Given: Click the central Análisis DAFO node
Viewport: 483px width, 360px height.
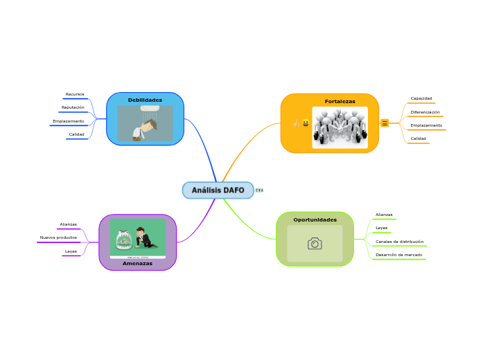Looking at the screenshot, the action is pos(218,190).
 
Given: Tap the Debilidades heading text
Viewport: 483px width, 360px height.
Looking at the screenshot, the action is pos(145,100).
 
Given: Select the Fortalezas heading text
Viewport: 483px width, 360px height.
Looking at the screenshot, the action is pos(340,101).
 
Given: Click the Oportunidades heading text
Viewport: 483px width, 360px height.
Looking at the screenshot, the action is pos(315,219).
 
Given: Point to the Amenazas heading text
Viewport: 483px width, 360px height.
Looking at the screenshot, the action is pos(137,263).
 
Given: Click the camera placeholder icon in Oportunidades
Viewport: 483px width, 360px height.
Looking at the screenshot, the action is pos(315,244).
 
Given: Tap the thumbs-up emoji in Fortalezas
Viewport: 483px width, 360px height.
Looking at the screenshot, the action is pos(297,123).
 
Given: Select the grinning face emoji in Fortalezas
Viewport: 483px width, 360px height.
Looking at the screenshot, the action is pos(306,123).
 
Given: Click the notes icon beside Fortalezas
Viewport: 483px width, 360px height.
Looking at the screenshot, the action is pos(385,123).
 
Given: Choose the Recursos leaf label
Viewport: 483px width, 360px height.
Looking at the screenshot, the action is pos(75,94).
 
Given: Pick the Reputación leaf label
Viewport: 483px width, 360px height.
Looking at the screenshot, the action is pos(73,107).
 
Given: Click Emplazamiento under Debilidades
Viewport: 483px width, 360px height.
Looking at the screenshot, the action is pos(69,121).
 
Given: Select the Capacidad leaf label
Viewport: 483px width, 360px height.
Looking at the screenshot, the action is pos(421,98).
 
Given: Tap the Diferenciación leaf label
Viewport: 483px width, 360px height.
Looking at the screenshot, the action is pos(425,112).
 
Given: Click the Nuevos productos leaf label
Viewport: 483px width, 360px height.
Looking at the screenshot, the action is pos(58,237).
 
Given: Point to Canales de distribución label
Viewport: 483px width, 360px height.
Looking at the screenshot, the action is pos(400,242).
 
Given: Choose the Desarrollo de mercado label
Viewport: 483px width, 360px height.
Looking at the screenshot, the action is pos(399,255).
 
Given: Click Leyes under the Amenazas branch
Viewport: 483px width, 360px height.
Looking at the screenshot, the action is pos(71,251).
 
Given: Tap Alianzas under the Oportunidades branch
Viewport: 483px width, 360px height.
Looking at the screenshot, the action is pos(384,215).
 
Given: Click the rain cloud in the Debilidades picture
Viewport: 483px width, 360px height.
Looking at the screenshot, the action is pos(150,108).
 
